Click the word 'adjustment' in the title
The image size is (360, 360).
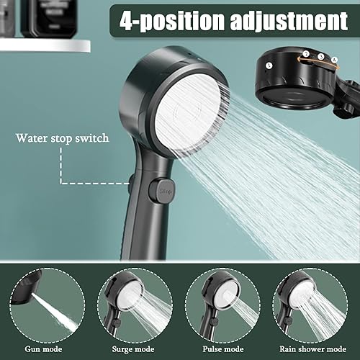coord(289,21)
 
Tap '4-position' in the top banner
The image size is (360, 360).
coord(172,21)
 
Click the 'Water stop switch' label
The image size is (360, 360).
coord(63,138)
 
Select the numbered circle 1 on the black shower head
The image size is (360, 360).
coord(269,66)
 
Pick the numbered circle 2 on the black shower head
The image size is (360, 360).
coord(306,54)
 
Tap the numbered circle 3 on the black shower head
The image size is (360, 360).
coord(321,57)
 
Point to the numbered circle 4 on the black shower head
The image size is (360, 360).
coord(334,60)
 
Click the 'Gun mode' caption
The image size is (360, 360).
coord(43,349)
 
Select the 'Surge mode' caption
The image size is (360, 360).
coord(133,349)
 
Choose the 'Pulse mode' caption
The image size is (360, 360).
coord(223,349)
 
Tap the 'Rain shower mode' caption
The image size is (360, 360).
coord(312,349)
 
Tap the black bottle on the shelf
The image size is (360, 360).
coord(49,18)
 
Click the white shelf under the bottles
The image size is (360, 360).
coord(45,45)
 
